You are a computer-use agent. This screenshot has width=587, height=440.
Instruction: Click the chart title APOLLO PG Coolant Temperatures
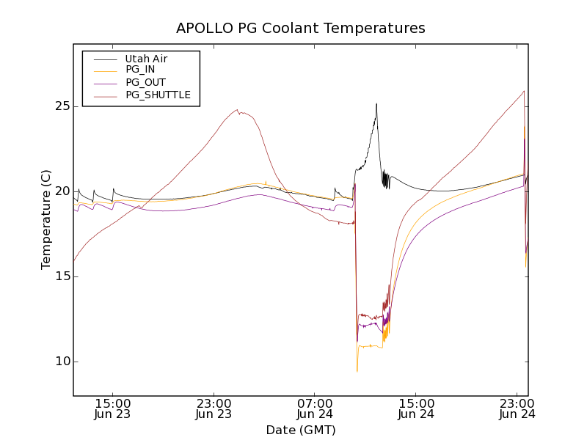[300, 29]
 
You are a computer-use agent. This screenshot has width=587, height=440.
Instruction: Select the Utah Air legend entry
[145, 59]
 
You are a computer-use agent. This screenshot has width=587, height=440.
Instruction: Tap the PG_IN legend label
[140, 70]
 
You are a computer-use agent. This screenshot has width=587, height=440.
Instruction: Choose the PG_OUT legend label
[145, 82]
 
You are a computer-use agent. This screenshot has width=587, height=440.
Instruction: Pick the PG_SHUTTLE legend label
[158, 95]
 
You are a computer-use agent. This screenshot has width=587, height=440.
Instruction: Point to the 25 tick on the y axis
[61, 106]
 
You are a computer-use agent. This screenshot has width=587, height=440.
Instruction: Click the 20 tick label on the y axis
[61, 191]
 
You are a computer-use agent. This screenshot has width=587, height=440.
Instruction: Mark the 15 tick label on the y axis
[61, 276]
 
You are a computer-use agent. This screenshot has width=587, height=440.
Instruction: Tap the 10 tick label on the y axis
[61, 362]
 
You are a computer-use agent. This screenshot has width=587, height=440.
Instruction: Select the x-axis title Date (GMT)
[300, 430]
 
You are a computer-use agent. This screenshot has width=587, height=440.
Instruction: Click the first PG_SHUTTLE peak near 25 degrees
[237, 110]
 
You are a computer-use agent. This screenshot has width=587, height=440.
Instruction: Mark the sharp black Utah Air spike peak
[376, 104]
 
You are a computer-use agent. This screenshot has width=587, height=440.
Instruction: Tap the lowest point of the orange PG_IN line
[357, 371]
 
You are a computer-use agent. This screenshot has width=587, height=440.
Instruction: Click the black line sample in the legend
[105, 59]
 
